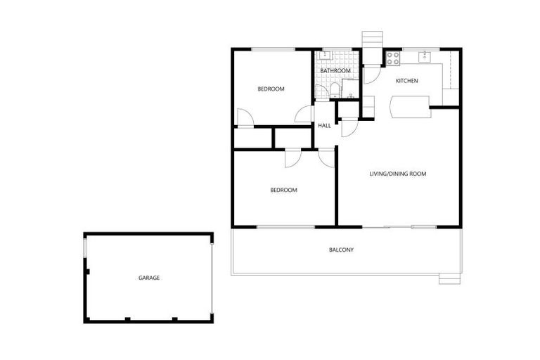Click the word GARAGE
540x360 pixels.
point(148,278)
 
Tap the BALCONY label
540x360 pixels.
point(341,250)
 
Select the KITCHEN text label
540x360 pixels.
point(406,81)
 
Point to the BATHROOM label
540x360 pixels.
point(335,71)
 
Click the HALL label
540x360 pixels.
point(324,126)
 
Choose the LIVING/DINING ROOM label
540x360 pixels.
point(398,174)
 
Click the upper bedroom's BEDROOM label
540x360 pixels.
point(271,89)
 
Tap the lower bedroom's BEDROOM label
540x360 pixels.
point(284,191)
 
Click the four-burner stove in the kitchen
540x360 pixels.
point(392,56)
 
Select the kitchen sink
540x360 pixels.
point(425,56)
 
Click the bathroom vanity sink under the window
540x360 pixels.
point(325,55)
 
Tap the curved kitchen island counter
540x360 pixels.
point(410,106)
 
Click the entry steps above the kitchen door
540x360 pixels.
point(371,39)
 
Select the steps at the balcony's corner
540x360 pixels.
point(448,278)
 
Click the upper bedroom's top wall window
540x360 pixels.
point(273,49)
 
